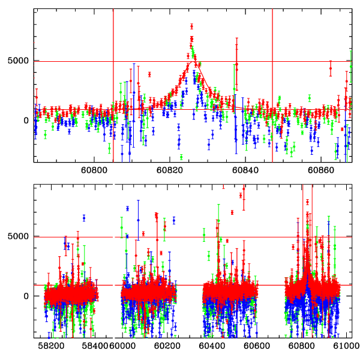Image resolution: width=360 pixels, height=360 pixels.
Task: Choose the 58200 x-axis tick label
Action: click(x=51, y=346)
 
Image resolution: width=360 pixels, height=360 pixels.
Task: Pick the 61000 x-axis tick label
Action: click(x=344, y=346)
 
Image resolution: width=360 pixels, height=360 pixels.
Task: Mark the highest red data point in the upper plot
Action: click(x=191, y=26)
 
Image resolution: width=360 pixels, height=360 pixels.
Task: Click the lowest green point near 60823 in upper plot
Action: click(x=181, y=157)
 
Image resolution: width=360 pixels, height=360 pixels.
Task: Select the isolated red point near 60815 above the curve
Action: click(x=149, y=74)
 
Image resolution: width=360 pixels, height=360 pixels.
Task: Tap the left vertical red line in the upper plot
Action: click(x=113, y=84)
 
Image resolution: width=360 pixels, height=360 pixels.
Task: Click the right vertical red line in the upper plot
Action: click(x=272, y=84)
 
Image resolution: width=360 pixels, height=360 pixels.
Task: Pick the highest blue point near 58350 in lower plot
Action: click(x=84, y=218)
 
